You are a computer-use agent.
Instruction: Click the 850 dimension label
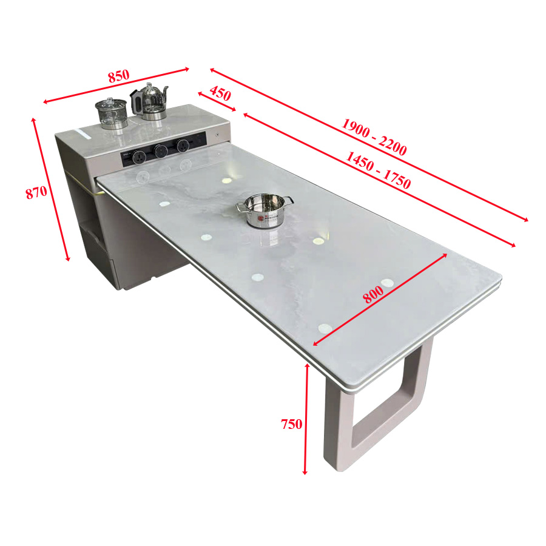pos(119,76)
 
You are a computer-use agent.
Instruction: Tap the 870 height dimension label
pos(36,192)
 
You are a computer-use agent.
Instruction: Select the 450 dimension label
pos(220,93)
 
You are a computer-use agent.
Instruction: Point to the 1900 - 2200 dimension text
pos(374,136)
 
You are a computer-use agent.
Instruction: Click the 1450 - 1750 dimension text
pos(378,170)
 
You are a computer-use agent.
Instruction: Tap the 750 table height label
pos(291,424)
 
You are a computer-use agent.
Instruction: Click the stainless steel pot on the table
pos(265,211)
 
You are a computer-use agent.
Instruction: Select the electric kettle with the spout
pos(149,101)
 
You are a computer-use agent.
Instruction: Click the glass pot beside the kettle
pos(112,113)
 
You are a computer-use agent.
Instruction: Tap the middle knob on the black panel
pos(161,151)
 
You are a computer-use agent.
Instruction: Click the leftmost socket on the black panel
pos(138,157)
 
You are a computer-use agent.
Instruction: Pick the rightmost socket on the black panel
pos(183,145)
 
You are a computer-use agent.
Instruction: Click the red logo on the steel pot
pos(261,218)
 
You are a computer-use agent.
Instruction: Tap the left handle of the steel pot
pos(241,207)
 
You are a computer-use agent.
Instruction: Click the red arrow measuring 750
pos(306,419)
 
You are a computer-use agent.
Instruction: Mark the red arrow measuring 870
pos(51,189)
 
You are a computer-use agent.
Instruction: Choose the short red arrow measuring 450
pos(217,101)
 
